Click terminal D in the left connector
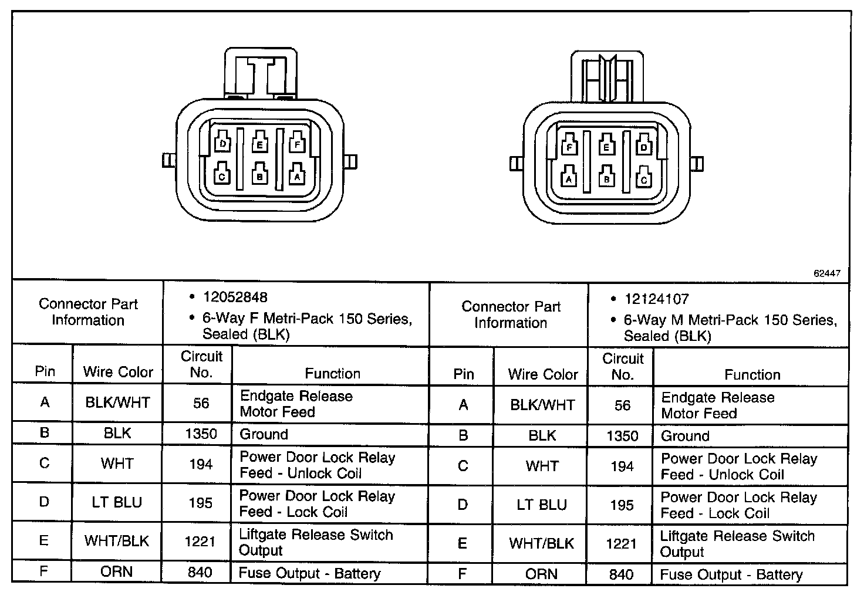[x=222, y=143]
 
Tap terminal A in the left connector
[x=297, y=174]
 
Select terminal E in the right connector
[x=607, y=146]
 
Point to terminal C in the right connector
[x=644, y=178]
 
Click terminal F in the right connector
[x=569, y=146]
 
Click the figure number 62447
[x=827, y=273]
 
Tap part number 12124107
[x=656, y=299]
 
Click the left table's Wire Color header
[x=118, y=371]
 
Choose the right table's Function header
[x=752, y=374]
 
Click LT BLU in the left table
[x=117, y=503]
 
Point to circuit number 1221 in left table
[x=200, y=542]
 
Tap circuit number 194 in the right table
[x=622, y=467]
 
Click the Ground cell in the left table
[x=264, y=434]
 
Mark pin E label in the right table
[x=463, y=543]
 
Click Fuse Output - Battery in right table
[x=731, y=575]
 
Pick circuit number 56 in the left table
[x=201, y=403]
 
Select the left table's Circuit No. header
[x=201, y=364]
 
